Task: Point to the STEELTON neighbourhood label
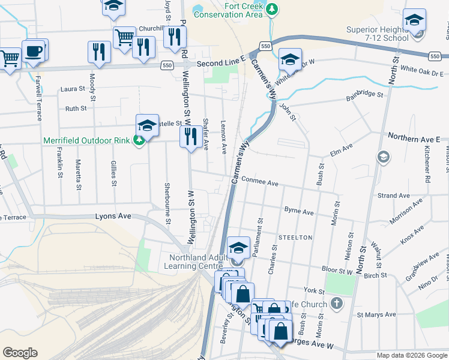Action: pyautogui.click(x=295, y=238)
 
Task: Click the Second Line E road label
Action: pyautogui.click(x=221, y=62)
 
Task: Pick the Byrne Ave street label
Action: pyautogui.click(x=299, y=212)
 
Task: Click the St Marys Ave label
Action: pyautogui.click(x=376, y=314)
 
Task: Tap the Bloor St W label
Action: pyautogui.click(x=337, y=271)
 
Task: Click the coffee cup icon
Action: pyautogui.click(x=33, y=51)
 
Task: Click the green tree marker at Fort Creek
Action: pyautogui.click(x=273, y=8)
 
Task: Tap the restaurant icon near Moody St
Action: pyautogui.click(x=98, y=52)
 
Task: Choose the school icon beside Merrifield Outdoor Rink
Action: pyautogui.click(x=147, y=125)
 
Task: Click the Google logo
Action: pyautogui.click(x=20, y=353)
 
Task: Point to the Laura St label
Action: pyautogui.click(x=73, y=89)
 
